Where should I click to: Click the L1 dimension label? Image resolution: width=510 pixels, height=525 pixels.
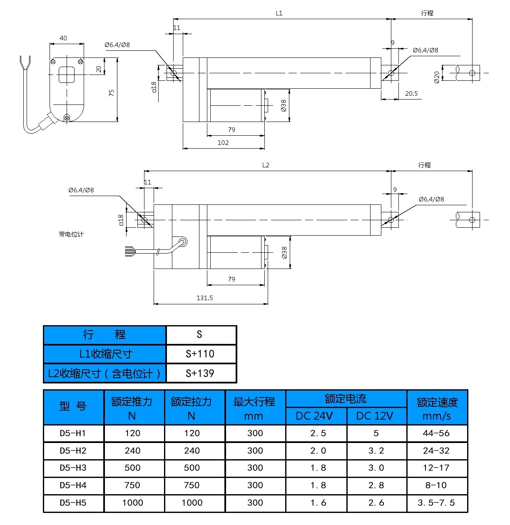(x=279, y=13)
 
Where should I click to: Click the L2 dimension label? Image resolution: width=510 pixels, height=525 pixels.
(x=266, y=165)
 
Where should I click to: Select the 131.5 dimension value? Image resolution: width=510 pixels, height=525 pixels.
(x=204, y=298)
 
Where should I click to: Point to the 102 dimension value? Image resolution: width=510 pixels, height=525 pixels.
(x=223, y=142)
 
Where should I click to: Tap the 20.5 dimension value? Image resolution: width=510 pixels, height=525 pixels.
(x=411, y=94)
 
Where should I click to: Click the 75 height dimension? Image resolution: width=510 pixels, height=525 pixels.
(x=112, y=93)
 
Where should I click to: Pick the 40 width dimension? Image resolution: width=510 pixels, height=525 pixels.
(x=63, y=38)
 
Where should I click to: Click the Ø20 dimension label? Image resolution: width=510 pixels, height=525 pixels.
(x=437, y=77)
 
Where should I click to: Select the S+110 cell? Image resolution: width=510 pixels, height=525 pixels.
(x=200, y=354)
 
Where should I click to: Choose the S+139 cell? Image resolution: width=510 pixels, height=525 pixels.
(x=200, y=373)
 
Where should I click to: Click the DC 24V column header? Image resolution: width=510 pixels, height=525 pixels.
(x=314, y=416)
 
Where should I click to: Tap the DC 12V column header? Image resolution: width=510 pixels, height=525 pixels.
(x=375, y=416)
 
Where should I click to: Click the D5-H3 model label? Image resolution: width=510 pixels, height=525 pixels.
(x=73, y=468)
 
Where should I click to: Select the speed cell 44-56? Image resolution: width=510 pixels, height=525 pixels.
(x=436, y=433)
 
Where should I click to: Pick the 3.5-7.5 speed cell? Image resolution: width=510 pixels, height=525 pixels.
(x=436, y=503)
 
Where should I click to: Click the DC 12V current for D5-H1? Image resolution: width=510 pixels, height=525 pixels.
(x=376, y=433)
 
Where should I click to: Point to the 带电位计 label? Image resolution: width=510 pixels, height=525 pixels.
(x=71, y=234)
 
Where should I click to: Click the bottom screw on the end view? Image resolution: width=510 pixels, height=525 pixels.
(x=67, y=118)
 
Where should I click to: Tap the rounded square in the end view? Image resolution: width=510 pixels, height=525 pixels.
(x=66, y=75)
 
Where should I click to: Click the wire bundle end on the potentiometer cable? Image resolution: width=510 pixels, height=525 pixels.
(x=129, y=251)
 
